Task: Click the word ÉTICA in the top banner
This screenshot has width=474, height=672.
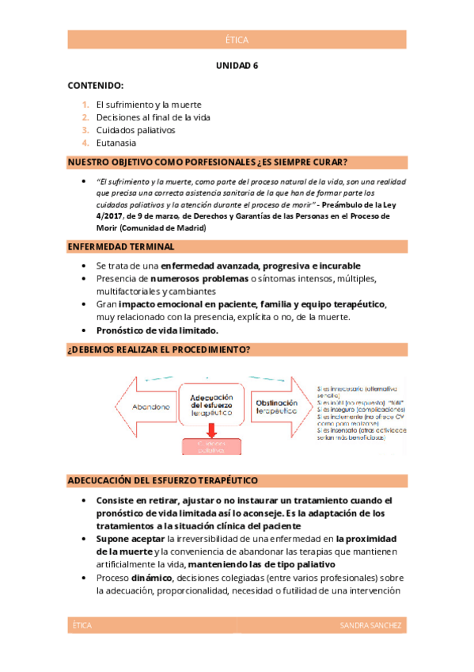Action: [237, 40]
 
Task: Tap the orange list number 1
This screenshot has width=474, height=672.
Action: [85, 105]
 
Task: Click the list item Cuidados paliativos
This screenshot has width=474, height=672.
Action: [135, 130]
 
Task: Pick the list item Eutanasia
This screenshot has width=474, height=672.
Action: [116, 143]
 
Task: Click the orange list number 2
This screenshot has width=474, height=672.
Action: [85, 117]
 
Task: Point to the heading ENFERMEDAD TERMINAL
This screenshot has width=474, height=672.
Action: [121, 247]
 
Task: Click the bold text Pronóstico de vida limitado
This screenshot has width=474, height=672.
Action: [157, 330]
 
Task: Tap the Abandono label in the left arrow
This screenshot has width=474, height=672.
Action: [150, 407]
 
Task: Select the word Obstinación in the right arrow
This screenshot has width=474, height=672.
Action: [275, 403]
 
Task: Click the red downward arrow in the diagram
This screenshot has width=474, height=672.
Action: [211, 430]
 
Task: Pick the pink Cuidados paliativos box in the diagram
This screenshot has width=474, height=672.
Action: [211, 445]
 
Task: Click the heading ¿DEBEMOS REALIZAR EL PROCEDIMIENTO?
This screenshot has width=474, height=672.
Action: [159, 349]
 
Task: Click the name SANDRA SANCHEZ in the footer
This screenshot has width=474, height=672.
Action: [370, 626]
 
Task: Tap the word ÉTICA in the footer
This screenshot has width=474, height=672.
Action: [82, 626]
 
